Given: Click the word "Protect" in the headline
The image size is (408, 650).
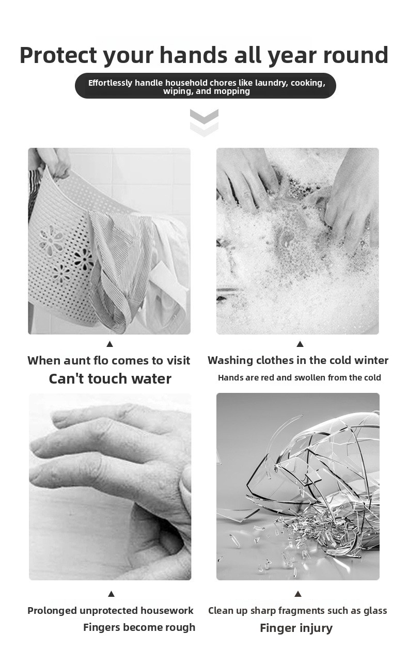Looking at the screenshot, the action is click(x=58, y=55).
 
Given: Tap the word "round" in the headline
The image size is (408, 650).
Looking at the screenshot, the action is click(x=356, y=55).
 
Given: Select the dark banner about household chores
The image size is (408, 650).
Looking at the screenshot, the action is click(x=206, y=86).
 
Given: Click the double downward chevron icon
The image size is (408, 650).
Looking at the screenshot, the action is click(x=205, y=122).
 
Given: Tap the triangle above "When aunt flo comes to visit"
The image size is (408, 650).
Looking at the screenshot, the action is click(x=109, y=344).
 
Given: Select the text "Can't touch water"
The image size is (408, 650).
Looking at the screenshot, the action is click(x=110, y=378).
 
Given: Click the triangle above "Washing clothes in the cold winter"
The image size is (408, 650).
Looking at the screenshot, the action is click(x=300, y=344).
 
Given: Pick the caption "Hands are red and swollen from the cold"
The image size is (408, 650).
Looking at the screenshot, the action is click(x=300, y=377).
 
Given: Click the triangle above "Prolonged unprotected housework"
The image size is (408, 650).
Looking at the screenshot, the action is click(x=111, y=594).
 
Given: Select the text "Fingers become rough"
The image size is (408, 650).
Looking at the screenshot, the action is click(x=139, y=627).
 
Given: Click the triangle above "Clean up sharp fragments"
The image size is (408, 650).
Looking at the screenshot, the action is click(x=297, y=594).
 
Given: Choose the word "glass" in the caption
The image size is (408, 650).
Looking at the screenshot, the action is click(x=375, y=611).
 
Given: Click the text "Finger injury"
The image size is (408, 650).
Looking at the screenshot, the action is click(x=296, y=628).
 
